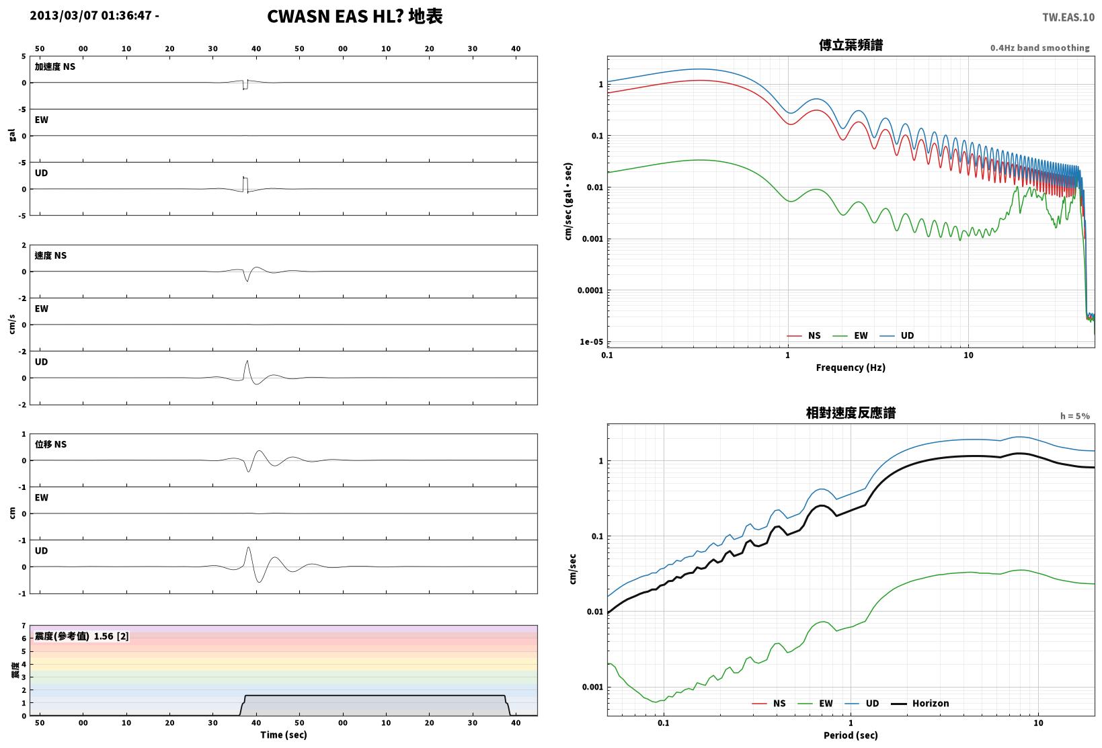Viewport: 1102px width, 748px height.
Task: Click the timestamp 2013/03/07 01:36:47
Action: pyautogui.click(x=91, y=15)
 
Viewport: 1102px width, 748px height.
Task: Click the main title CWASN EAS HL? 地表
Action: pyautogui.click(x=355, y=16)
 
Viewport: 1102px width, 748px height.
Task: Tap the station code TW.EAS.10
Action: pyautogui.click(x=1068, y=17)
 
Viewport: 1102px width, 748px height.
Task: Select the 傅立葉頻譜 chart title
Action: pyautogui.click(x=851, y=45)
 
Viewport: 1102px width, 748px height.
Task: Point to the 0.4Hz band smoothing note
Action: pyautogui.click(x=1039, y=48)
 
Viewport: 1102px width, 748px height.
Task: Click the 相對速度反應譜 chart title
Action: pyautogui.click(x=851, y=413)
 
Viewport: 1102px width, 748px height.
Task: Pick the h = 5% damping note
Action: pyautogui.click(x=1074, y=416)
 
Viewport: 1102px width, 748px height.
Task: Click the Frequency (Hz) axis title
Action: pyautogui.click(x=850, y=368)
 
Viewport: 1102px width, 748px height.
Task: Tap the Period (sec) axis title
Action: pyautogui.click(x=850, y=735)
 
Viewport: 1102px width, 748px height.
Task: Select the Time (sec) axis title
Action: pyautogui.click(x=283, y=735)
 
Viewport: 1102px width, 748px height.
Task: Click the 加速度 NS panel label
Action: pyautogui.click(x=54, y=67)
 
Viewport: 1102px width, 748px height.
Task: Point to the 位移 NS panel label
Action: pyautogui.click(x=50, y=444)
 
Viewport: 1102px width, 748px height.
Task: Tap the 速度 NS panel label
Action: pyautogui.click(x=50, y=255)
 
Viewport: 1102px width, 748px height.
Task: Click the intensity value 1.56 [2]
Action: pyautogui.click(x=111, y=636)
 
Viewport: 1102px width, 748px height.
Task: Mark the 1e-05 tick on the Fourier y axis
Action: pyautogui.click(x=591, y=342)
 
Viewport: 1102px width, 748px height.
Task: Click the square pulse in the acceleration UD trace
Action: pyautogui.click(x=245, y=183)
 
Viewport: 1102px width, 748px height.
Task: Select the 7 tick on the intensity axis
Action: pyautogui.click(x=24, y=626)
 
